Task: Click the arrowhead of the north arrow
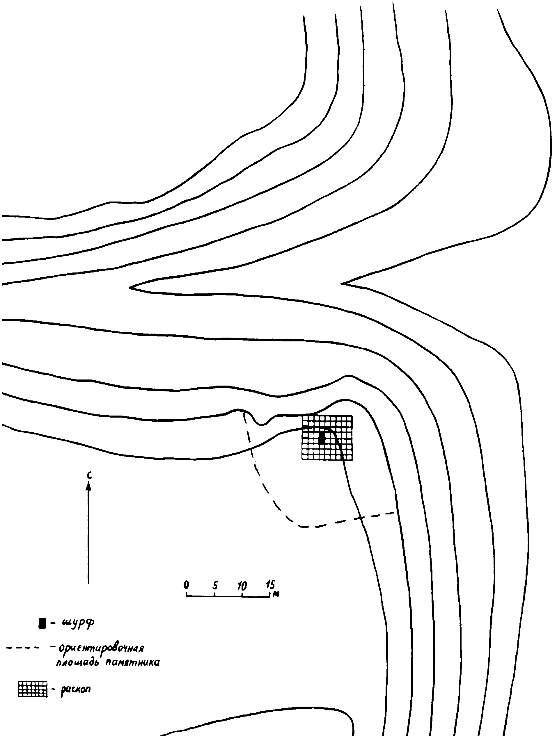88,487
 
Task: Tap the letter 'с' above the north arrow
88,475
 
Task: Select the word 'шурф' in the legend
77,623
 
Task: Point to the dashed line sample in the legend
22,648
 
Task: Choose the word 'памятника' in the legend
132,662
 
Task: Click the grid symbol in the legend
33,689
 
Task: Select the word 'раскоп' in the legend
76,689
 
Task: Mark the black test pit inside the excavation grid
322,437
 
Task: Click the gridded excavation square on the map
327,438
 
